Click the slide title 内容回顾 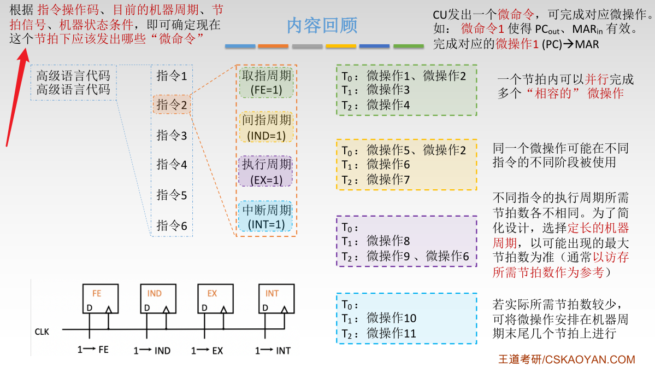[322, 25]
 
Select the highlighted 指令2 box [172, 104]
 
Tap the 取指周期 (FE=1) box [266, 83]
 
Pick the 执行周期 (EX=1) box [266, 172]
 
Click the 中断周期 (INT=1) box [266, 217]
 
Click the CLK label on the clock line [42, 332]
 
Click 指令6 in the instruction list [172, 225]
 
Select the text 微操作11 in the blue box [392, 333]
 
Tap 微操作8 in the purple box [388, 241]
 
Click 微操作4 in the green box [388, 104]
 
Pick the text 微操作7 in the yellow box [388, 179]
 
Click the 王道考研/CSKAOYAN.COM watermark [567, 359]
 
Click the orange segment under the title [273, 47]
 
